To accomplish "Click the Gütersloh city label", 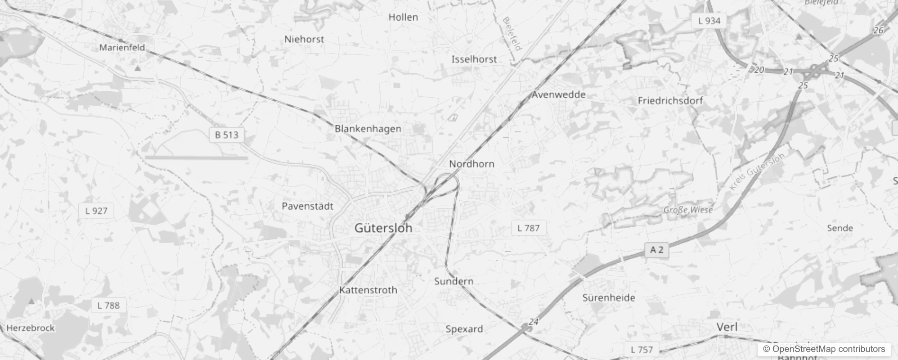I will pos(383,228).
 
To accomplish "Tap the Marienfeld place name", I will pos(122,47).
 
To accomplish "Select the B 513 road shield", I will pos(227,135).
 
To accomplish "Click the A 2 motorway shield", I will pos(656,250).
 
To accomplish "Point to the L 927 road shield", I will pos(96,211).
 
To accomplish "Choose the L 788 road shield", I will pos(108,306).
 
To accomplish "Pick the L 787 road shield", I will pos(528,228).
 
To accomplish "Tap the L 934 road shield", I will pos(709,21).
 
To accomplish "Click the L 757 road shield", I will pos(642,350).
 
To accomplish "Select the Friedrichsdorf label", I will pos(670,101).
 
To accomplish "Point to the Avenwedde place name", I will pos(558,94).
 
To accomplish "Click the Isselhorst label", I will pos(474,59).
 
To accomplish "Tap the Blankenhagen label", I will pos(368,129).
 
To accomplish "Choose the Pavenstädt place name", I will pos(307,206).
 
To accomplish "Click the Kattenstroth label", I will pos(368,290).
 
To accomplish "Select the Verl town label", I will pos(727,327).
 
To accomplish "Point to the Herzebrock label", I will pos(31,328).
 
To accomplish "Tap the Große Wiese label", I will pos(688,210).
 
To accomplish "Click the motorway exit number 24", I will pos(534,322).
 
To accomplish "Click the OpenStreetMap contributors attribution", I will pos(824,349).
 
